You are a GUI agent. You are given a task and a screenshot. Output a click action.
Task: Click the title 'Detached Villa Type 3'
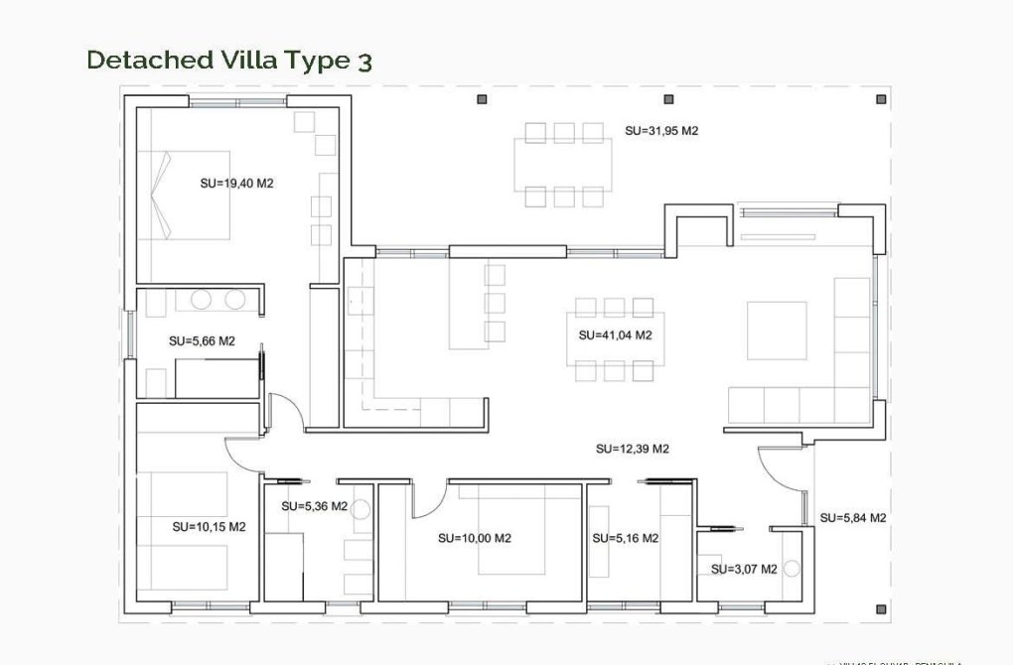coord(229,60)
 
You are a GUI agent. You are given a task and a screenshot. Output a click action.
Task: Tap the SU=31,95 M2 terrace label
coord(661,130)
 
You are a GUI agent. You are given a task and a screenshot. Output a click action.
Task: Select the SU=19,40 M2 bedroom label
coord(236,183)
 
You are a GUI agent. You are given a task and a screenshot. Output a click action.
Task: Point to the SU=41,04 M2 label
coord(615,334)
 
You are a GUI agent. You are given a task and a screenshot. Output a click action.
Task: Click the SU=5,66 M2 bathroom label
coord(202,340)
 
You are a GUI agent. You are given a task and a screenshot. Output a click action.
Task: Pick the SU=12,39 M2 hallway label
coord(633,449)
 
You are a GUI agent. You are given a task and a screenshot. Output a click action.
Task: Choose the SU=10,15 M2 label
coord(209,527)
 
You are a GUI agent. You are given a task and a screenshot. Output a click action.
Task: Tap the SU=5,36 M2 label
coord(314,506)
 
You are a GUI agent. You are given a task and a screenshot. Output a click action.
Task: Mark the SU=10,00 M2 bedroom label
coord(474,538)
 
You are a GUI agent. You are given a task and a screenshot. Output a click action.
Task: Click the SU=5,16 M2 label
coord(625,538)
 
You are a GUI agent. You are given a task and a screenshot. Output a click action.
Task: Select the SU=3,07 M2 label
coord(744,569)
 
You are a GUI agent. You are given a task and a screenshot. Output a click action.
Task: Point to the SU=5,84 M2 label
coord(852,517)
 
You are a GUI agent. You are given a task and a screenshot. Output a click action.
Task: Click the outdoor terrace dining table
coord(564,165)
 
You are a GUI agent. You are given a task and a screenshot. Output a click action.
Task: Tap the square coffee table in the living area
coord(777,331)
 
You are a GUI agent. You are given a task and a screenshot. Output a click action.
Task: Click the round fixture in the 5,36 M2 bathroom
coord(361,509)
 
